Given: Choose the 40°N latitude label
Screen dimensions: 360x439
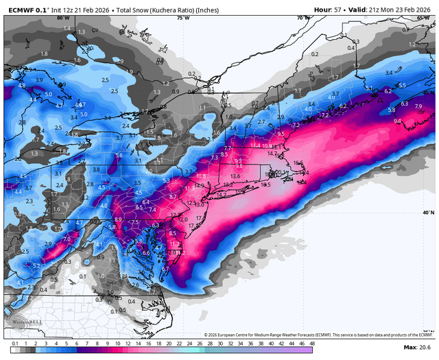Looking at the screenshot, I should (428, 213).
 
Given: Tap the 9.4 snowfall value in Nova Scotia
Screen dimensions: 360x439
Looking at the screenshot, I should (398, 121).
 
